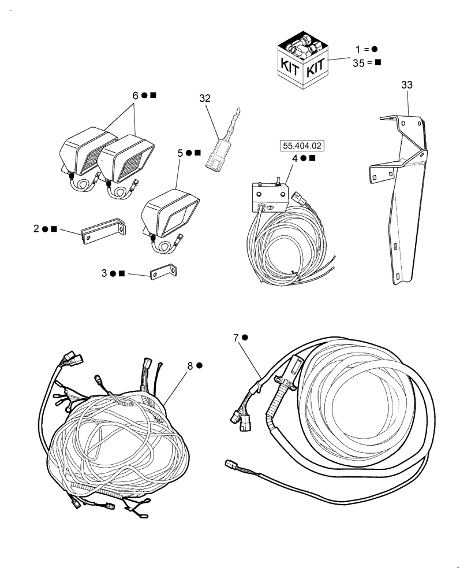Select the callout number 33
(x=407, y=85)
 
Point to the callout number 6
(x=136, y=96)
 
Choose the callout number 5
(x=180, y=153)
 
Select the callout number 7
(x=236, y=338)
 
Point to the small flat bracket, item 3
(x=164, y=272)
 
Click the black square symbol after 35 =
(x=378, y=63)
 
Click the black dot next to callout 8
(x=199, y=365)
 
